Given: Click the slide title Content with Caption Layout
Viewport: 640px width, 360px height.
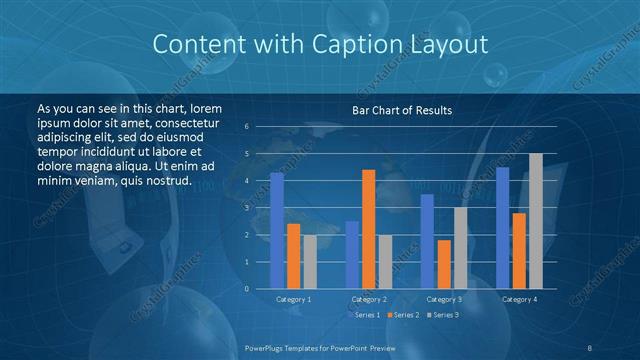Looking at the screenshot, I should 320,45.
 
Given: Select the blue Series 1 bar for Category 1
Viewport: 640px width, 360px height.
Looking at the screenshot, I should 277,230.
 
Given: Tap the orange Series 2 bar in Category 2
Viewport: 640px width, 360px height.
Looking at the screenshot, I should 369,229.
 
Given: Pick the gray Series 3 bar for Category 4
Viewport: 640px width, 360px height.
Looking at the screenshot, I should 536,221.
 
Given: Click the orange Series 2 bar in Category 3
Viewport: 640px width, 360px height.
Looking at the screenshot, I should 444,264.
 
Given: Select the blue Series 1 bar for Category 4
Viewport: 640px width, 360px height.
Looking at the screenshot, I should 502,228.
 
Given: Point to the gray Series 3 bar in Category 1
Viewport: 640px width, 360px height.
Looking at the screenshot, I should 310,262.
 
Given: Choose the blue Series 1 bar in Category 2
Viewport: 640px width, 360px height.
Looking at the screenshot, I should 352,255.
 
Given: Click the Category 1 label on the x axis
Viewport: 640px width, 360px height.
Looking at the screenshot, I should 294,299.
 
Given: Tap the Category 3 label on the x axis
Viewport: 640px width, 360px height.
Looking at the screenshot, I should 444,299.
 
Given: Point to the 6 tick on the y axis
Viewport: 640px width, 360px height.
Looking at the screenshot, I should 247,127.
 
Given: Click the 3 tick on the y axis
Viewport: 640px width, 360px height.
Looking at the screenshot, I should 247,208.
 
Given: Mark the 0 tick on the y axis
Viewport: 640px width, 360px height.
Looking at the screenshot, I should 247,289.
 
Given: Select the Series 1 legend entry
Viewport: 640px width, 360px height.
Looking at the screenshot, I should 363,315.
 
